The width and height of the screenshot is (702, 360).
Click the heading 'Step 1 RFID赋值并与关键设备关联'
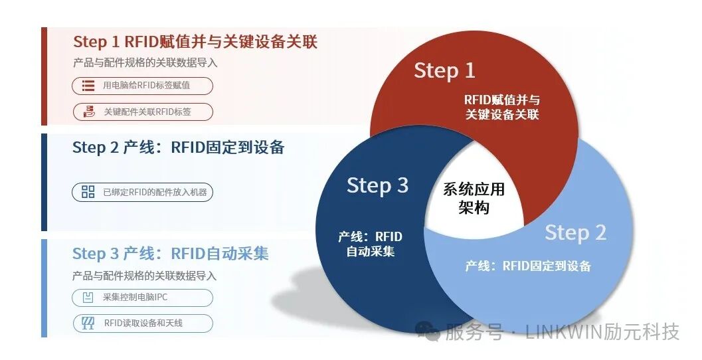coord(195,42)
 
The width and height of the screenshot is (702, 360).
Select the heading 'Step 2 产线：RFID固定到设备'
coord(178,147)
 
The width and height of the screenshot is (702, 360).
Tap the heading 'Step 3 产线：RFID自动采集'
coord(170,254)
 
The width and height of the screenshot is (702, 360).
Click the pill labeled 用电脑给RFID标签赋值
coord(143,86)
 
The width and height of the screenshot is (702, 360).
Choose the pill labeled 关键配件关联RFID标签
coord(143,112)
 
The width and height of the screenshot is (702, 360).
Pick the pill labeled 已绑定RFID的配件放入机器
coord(143,193)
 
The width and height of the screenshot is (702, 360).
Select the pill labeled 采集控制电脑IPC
coord(143,298)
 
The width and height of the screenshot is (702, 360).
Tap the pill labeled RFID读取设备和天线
coord(143,323)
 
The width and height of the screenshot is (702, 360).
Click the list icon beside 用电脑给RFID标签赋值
coord(88,86)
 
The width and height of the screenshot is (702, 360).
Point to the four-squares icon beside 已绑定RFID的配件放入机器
coord(88,193)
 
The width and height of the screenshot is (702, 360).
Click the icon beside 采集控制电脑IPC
coord(88,298)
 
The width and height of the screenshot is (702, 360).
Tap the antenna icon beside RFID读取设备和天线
coord(88,323)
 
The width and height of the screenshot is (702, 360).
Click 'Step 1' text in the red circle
coord(444,70)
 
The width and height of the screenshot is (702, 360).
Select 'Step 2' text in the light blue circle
coord(575,233)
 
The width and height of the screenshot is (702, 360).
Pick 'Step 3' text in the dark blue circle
coord(377,185)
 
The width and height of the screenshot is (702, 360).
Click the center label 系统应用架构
coord(474,199)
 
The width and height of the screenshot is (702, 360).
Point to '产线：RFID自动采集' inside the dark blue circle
coord(370,244)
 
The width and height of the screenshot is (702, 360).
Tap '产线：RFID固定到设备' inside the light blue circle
coord(528,266)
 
